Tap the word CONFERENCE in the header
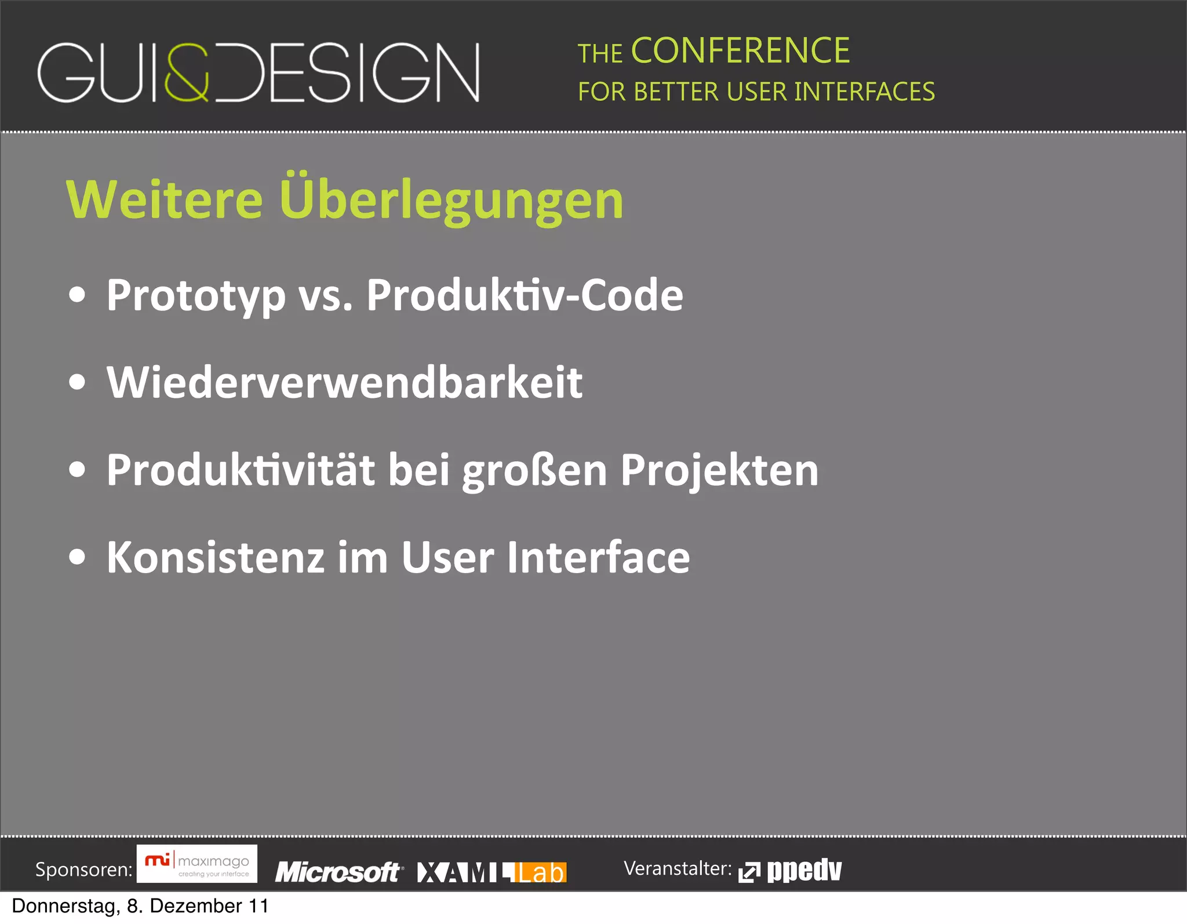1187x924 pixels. (740, 51)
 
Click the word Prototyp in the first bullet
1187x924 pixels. (196, 296)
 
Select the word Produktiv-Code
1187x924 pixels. (525, 295)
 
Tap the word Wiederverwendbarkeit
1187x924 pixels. (344, 383)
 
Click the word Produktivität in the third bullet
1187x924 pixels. (240, 470)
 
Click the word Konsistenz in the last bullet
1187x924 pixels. (215, 557)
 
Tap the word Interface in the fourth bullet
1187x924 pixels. (598, 557)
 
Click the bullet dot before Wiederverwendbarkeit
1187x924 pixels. (77, 383)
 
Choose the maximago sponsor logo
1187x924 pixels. (197, 864)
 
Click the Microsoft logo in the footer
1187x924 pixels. (338, 872)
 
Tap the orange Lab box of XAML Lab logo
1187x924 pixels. (540, 872)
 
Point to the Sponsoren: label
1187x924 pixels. (84, 869)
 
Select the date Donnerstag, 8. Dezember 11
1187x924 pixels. (140, 906)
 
